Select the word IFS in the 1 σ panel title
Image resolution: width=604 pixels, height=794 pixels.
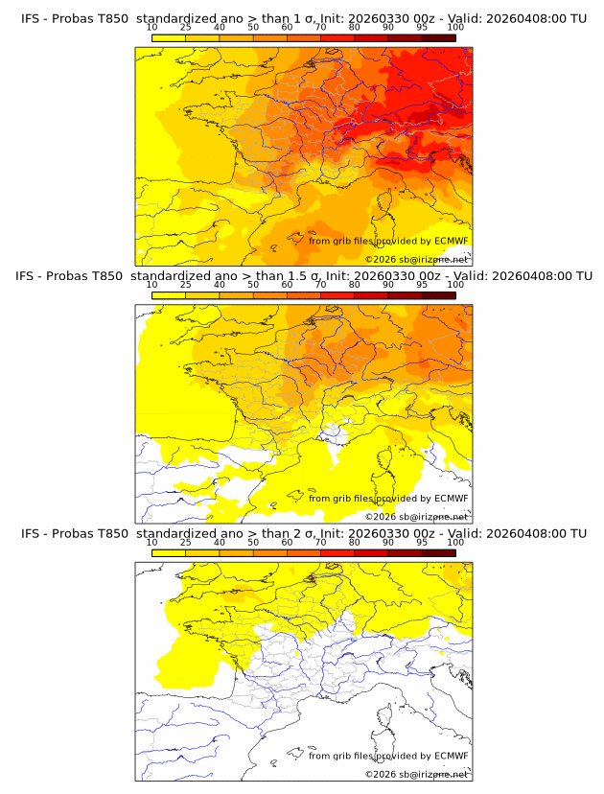coord(33,18)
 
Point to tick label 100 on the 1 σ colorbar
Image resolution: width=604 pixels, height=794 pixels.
coord(455,27)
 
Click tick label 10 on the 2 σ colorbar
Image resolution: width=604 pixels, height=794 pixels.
coord(152,542)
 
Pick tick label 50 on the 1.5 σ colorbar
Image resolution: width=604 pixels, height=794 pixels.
coord(253,285)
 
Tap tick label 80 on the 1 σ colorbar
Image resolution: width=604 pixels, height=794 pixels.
coord(355,27)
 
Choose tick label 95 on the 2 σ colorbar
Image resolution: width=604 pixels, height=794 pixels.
coord(422,542)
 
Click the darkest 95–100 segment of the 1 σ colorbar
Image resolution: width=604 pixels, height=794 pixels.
coord(438,36)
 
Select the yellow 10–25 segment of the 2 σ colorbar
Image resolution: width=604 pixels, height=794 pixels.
coord(169,551)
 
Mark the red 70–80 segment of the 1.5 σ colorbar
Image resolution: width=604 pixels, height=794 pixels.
coord(337,294)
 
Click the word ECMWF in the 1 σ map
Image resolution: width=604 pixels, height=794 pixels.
coord(452,241)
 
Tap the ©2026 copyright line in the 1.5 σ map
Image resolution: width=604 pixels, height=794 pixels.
coord(417,517)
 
